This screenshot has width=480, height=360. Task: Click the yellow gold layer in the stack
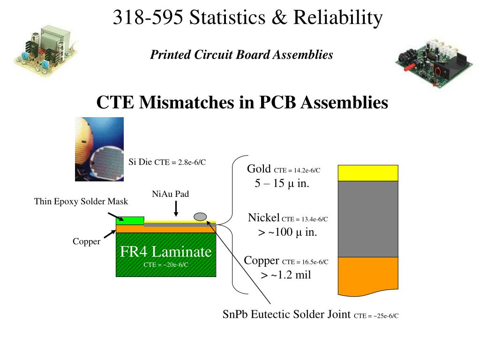(368, 173)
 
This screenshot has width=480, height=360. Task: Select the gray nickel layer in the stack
(368, 219)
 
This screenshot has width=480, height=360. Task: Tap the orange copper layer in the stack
(368, 276)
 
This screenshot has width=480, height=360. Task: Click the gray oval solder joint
(200, 217)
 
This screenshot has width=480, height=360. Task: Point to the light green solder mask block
(130, 221)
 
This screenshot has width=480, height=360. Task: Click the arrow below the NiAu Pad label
(176, 209)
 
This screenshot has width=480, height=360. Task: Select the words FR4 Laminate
(165, 252)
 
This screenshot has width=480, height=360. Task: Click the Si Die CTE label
(167, 162)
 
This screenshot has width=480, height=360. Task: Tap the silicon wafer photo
(99, 150)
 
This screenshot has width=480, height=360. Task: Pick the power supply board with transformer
(46, 51)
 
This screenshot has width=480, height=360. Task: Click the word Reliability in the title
(338, 17)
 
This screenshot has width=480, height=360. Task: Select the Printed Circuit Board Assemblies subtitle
(241, 55)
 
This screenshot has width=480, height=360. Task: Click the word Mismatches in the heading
(187, 102)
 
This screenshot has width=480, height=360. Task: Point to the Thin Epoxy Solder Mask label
(81, 202)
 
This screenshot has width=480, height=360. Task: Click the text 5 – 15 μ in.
(282, 183)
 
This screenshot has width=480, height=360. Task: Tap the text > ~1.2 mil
(285, 275)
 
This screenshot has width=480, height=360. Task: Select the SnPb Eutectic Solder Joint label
(310, 315)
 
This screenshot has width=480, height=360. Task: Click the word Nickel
(263, 217)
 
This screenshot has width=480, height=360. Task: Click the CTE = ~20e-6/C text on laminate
(165, 265)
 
